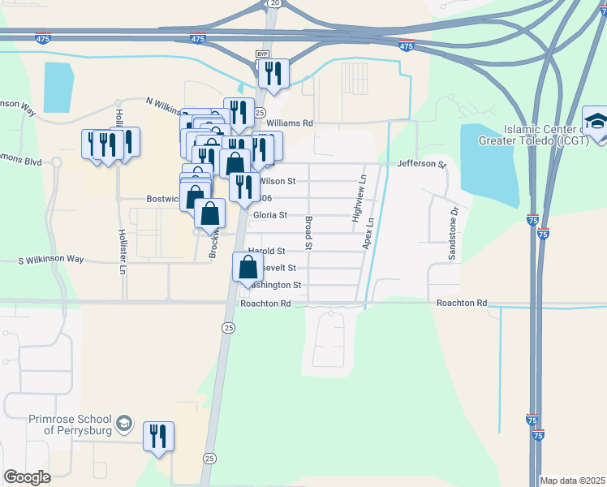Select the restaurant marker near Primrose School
tap(157, 436)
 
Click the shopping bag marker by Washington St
tap(248, 267)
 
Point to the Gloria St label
tap(270, 215)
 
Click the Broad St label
tap(308, 233)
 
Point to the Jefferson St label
tap(421, 164)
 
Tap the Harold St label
tap(267, 251)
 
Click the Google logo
tap(27, 477)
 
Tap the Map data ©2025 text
tap(572, 480)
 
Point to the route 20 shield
tap(275, 4)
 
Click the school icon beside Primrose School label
tap(123, 423)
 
